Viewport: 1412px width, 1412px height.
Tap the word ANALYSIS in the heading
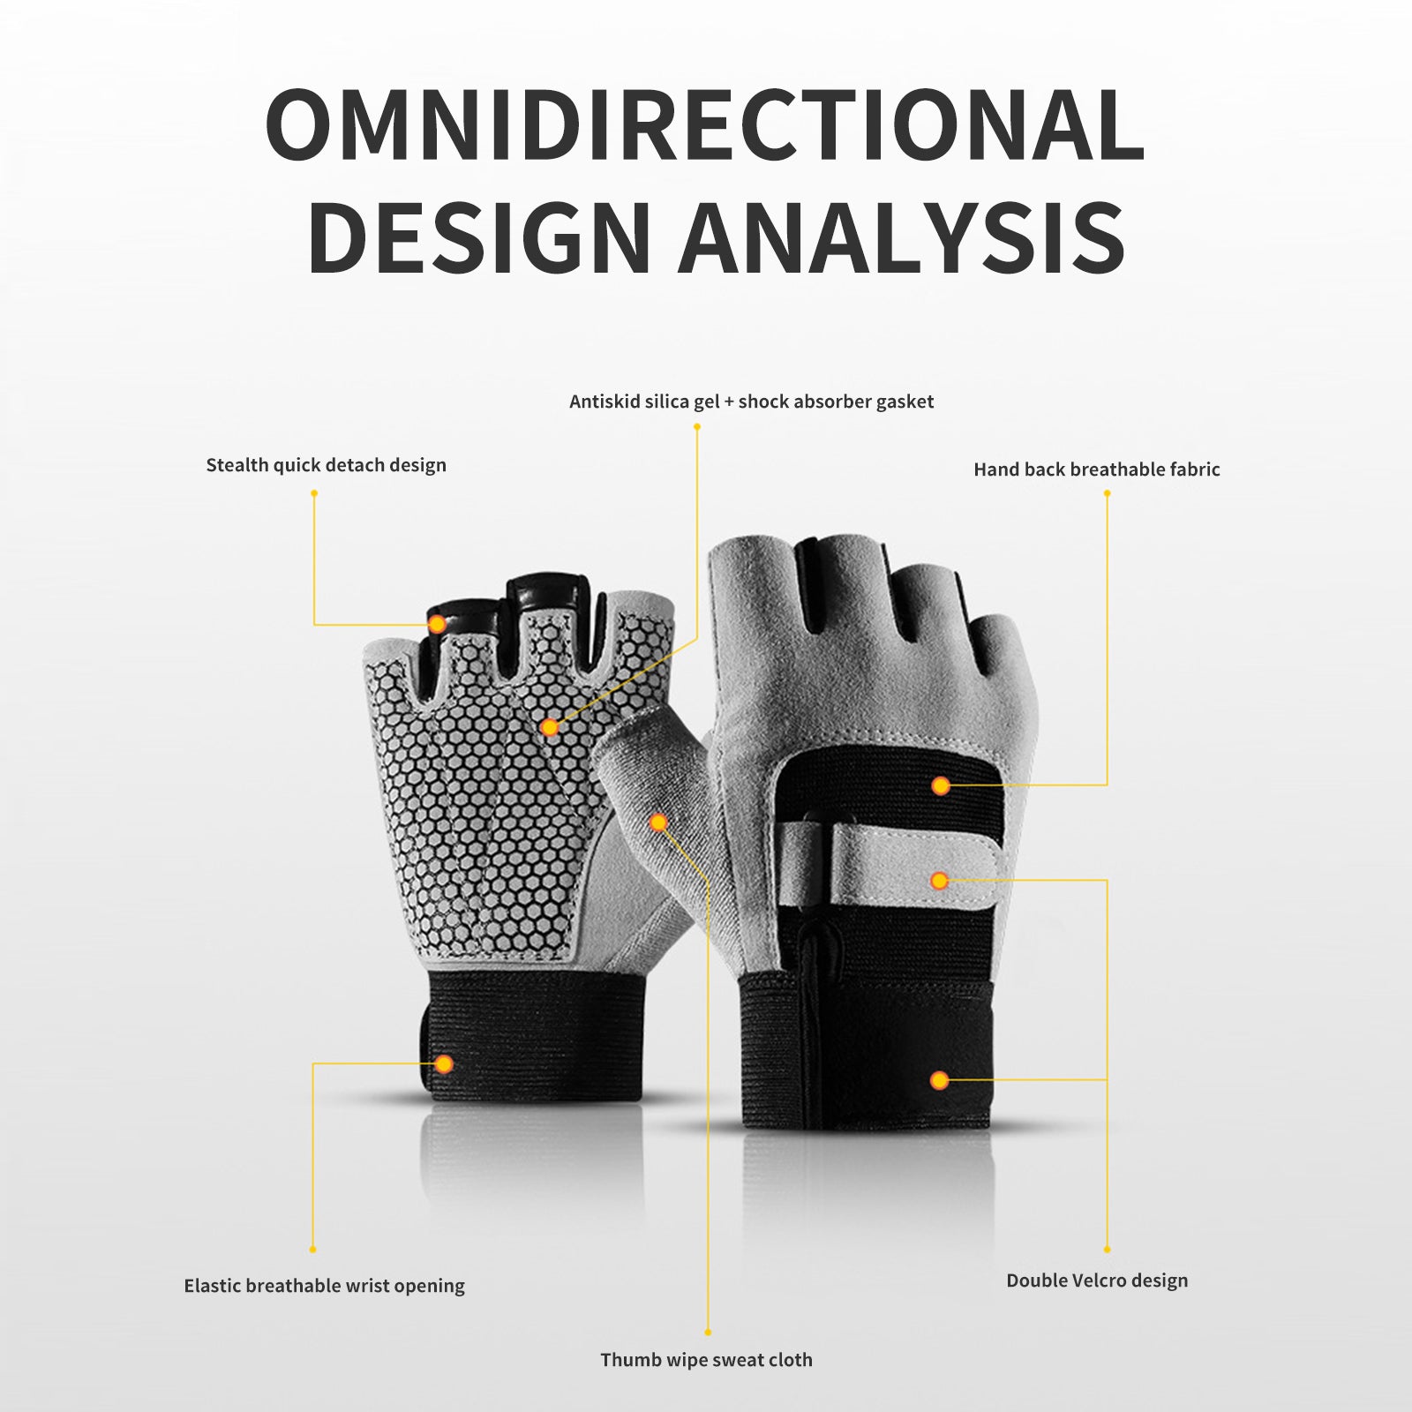click(x=902, y=237)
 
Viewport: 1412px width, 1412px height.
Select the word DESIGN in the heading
click(x=478, y=237)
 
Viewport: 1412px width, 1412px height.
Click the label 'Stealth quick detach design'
click(x=326, y=465)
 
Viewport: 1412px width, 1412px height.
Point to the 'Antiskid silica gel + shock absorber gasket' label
click(x=751, y=402)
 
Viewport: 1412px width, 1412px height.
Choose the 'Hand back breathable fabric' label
click(x=1096, y=469)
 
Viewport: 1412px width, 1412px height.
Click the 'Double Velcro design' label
click(x=1097, y=1281)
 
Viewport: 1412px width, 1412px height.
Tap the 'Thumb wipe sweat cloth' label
click(x=706, y=1360)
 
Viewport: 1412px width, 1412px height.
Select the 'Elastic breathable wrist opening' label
click(x=324, y=1286)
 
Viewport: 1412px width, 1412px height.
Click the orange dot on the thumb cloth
click(x=658, y=822)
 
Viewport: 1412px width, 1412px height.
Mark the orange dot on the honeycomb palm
click(x=550, y=727)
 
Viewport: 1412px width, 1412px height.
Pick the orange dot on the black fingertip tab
click(x=437, y=624)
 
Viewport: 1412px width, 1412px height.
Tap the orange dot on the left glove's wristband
click(x=444, y=1063)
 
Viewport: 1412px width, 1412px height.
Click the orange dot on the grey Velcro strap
click(x=940, y=880)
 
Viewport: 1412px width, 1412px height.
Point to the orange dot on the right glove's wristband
click(x=940, y=1080)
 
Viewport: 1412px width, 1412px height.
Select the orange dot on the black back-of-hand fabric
click(x=941, y=785)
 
